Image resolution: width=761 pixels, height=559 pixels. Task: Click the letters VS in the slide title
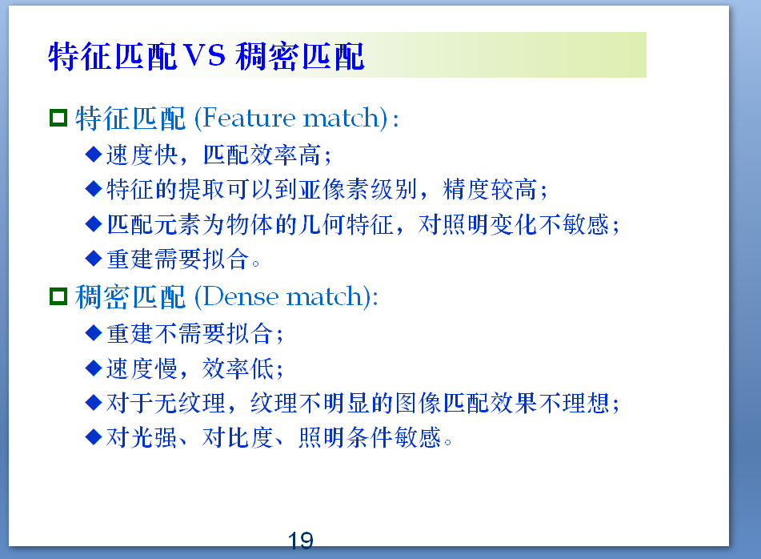pos(206,56)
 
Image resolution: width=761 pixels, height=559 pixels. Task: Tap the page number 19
pos(301,541)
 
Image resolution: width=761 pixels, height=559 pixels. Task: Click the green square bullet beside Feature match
pos(58,119)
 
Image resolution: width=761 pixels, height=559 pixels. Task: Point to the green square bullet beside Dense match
pos(58,297)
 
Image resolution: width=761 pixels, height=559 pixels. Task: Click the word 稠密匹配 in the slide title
pos(300,56)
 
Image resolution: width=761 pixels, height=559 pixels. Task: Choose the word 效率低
pos(239,368)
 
